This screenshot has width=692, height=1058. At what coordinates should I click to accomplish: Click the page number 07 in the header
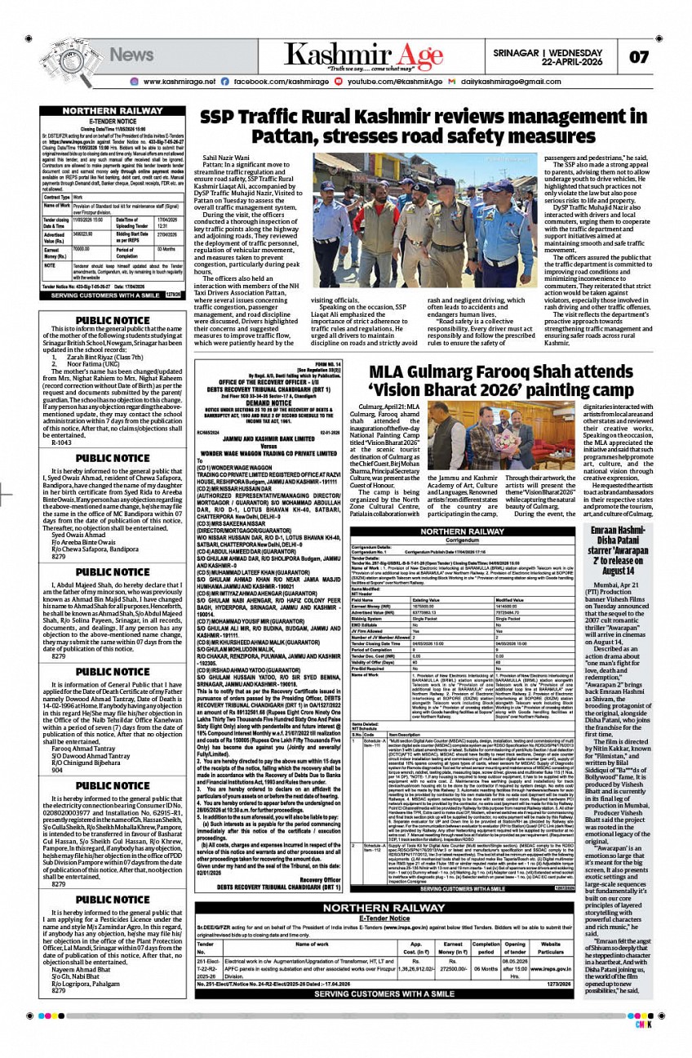(x=638, y=57)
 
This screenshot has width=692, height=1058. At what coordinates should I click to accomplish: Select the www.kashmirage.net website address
(x=178, y=82)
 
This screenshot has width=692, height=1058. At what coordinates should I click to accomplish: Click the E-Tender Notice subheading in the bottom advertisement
(x=372, y=918)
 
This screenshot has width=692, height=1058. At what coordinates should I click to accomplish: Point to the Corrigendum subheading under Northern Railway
(x=461, y=540)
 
